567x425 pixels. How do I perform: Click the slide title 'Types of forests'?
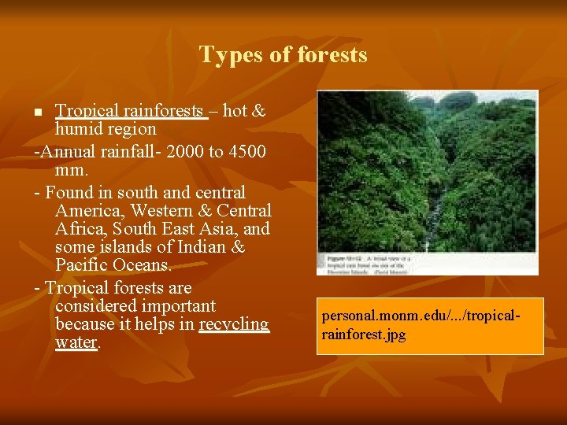(x=283, y=54)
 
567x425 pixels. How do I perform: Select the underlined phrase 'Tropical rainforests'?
(x=131, y=111)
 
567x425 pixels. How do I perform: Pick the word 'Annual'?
(x=69, y=151)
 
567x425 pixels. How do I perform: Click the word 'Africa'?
(x=81, y=229)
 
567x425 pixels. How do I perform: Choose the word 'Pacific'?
(x=83, y=266)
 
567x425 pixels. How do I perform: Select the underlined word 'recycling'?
(x=234, y=324)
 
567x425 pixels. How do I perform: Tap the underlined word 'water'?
(x=76, y=343)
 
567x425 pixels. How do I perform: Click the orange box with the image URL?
(x=430, y=326)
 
